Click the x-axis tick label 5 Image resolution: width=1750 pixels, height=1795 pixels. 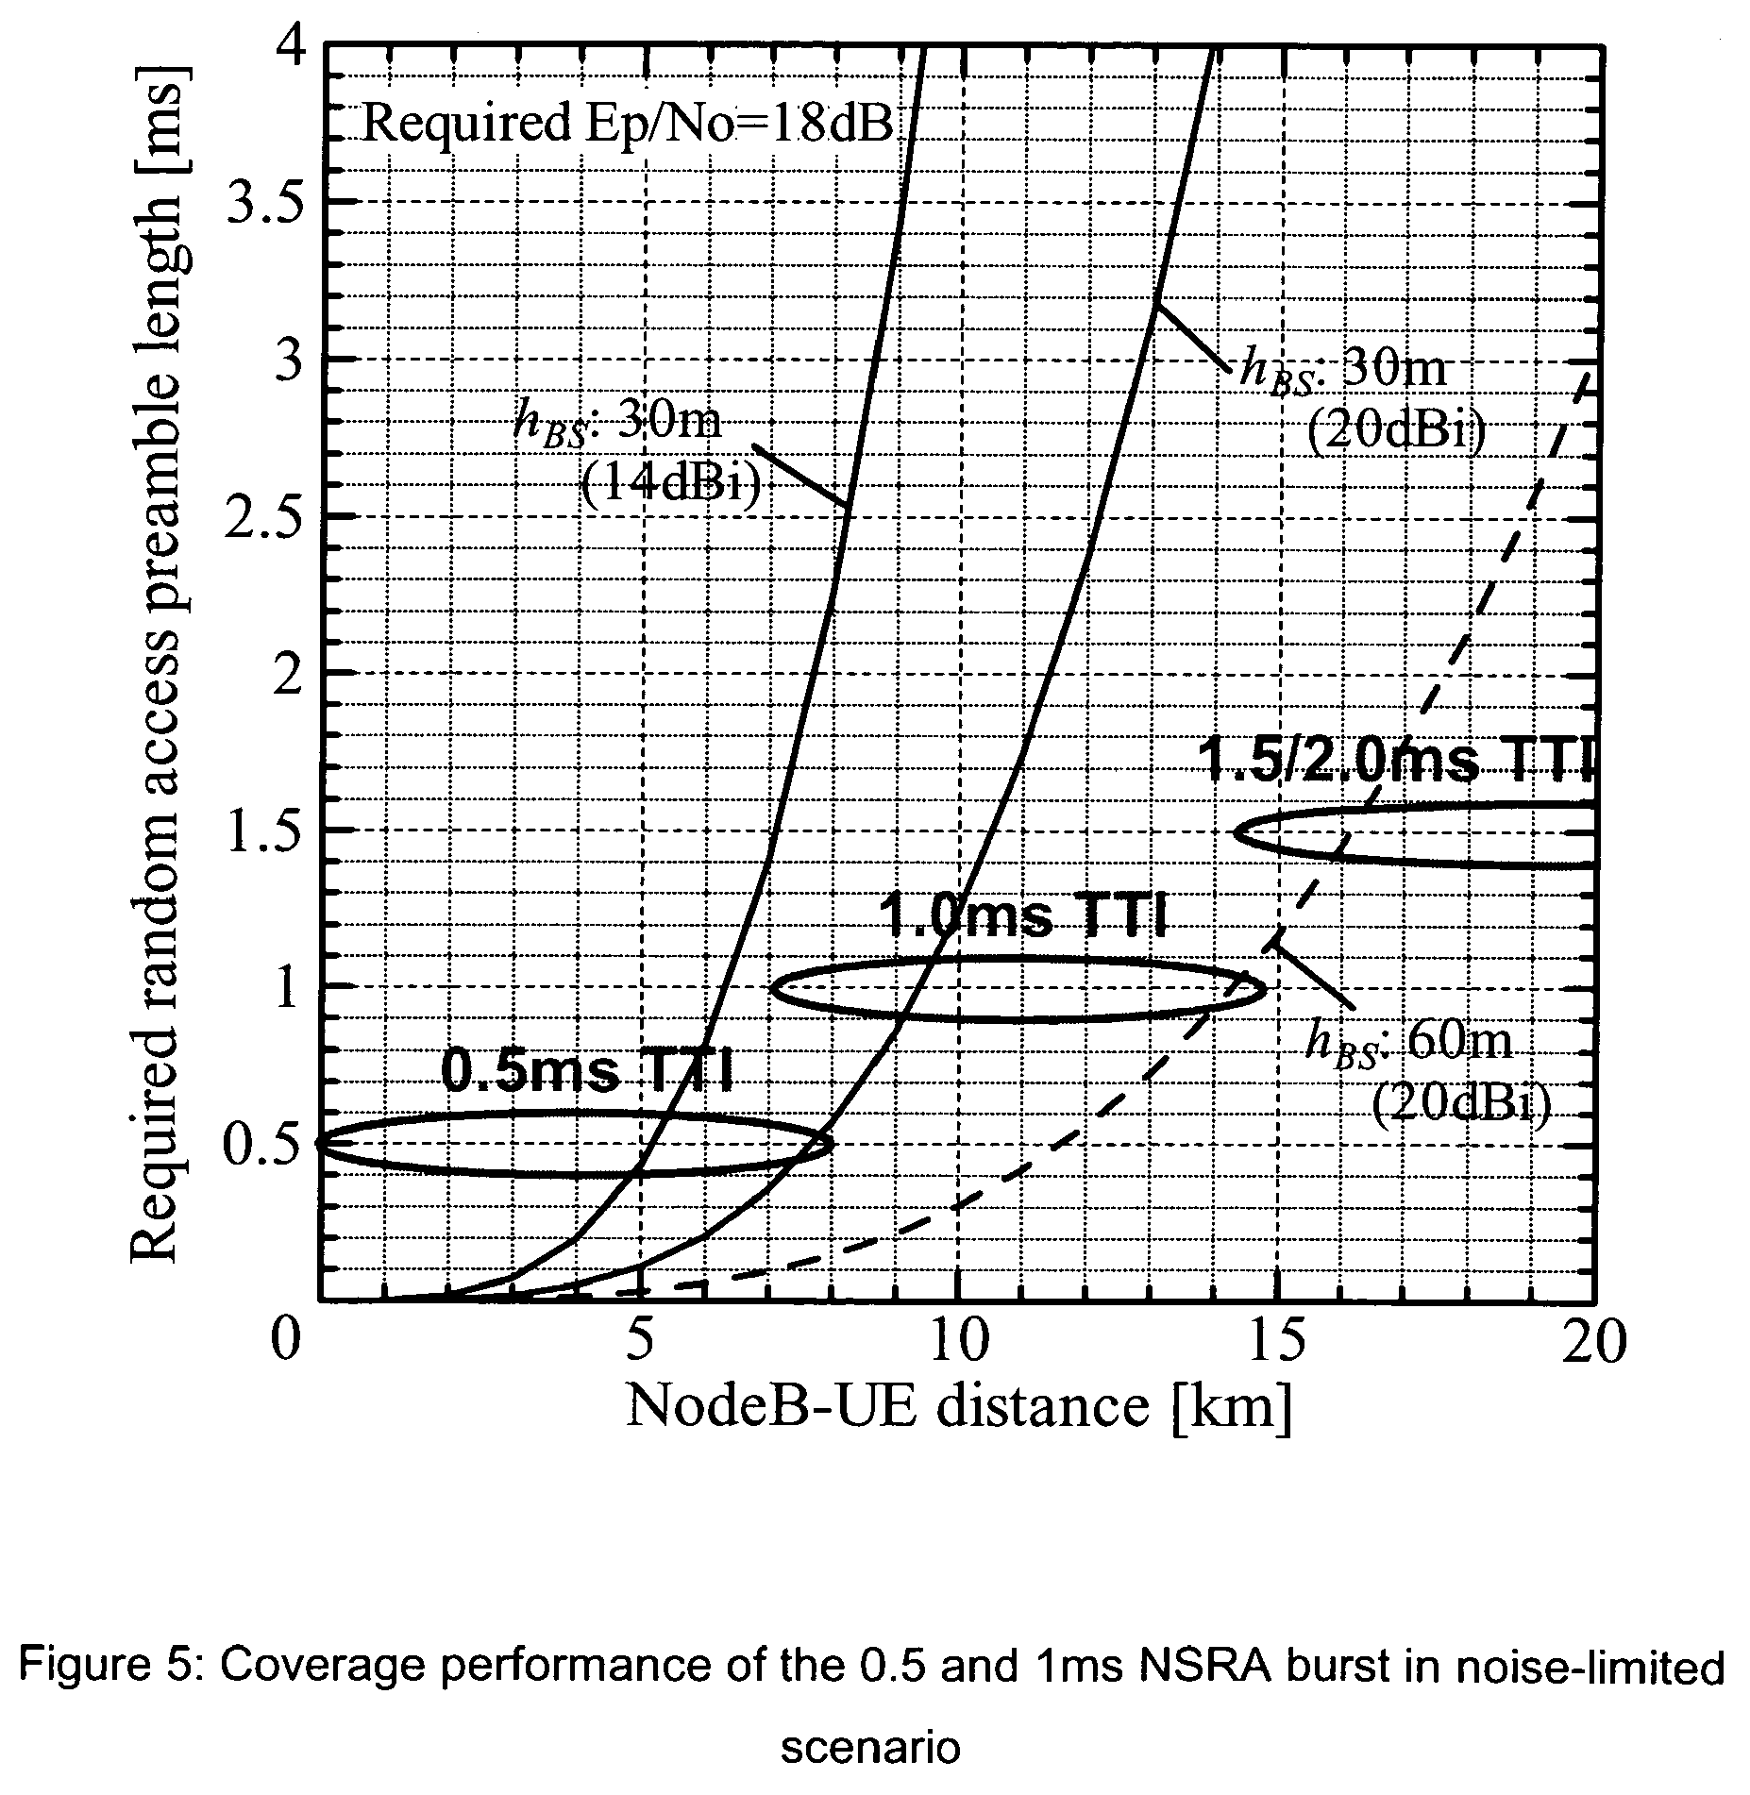point(641,1341)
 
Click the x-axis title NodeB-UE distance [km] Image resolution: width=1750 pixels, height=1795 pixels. point(957,1409)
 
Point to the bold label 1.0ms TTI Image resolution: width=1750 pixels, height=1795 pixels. point(1024,915)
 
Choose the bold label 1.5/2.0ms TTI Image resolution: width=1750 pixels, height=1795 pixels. point(1394,760)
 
